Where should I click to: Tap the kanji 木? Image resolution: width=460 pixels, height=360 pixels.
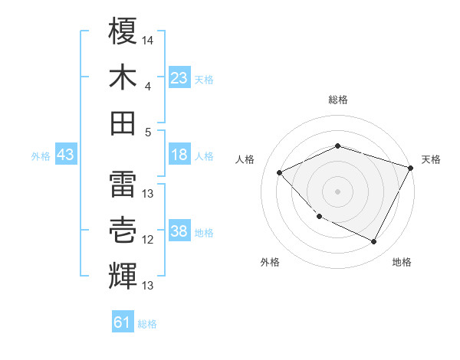click(123, 77)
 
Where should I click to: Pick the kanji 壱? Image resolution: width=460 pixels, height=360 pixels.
click(123, 230)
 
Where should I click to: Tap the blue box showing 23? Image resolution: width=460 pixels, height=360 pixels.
click(179, 77)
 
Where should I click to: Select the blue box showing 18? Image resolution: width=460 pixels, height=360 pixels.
click(179, 155)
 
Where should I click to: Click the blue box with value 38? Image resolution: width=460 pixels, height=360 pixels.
click(179, 231)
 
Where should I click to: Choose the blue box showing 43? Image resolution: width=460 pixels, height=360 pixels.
click(66, 155)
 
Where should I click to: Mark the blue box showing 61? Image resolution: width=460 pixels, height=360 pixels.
click(123, 322)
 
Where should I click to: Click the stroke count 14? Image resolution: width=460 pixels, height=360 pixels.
click(148, 39)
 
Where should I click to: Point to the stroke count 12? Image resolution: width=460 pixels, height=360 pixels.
click(148, 240)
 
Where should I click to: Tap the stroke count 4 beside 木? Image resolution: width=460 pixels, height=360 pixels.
click(147, 86)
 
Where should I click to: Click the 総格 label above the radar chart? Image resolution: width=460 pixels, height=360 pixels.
click(338, 100)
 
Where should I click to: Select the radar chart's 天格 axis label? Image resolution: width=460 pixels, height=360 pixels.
click(431, 159)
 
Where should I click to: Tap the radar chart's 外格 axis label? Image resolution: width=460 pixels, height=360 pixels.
click(270, 262)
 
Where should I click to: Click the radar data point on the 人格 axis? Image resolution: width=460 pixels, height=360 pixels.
click(280, 172)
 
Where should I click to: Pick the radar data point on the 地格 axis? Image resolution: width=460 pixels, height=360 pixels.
click(374, 242)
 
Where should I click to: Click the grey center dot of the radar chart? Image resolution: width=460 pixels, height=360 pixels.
click(337, 191)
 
